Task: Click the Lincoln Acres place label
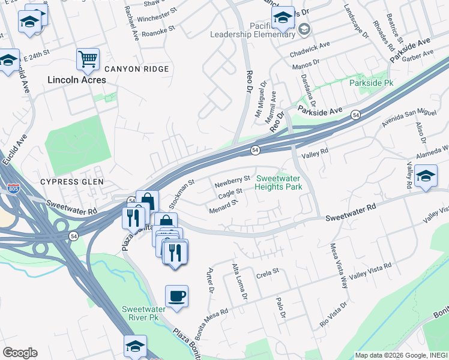coord(76,80)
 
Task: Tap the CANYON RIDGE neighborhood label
coord(136,69)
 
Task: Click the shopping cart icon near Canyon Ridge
coord(88,59)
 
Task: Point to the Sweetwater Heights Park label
coord(279,182)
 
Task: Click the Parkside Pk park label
coord(372,83)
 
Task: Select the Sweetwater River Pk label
coord(140,313)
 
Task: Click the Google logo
coord(20,352)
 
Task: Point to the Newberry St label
coord(233,179)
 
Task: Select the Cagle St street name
coord(230,193)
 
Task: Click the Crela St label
coord(268,271)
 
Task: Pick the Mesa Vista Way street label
coord(338,265)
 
